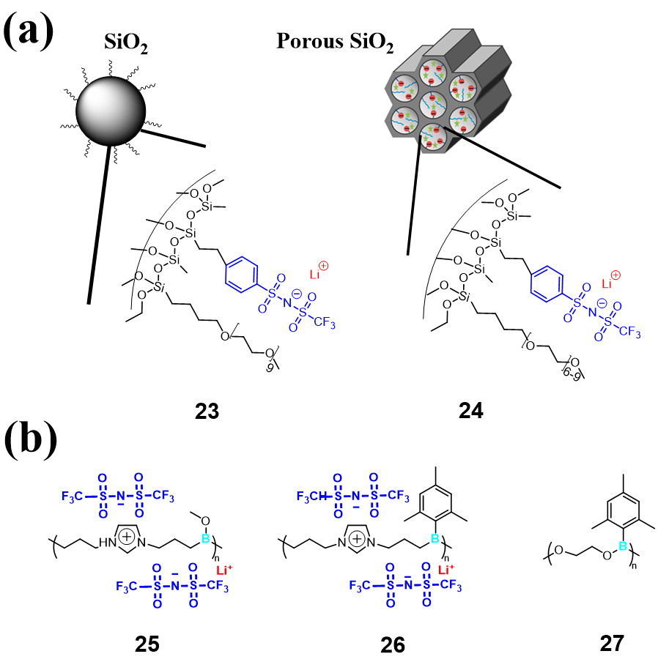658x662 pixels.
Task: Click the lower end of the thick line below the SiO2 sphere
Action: [x=89, y=304]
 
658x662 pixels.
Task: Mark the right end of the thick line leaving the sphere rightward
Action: [x=205, y=146]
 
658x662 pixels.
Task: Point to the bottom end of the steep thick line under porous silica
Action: [x=407, y=255]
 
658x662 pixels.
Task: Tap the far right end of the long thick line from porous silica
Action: [x=561, y=187]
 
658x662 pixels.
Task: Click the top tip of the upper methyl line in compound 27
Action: [x=624, y=475]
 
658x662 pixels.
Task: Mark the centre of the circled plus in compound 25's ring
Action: [x=126, y=537]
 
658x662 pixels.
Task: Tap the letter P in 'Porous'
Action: [x=284, y=41]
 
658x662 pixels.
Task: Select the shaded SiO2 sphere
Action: [x=111, y=111]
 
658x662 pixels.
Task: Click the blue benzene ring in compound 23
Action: [x=242, y=274]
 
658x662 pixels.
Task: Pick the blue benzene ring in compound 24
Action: [x=547, y=283]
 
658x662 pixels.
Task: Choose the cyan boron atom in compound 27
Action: [x=623, y=546]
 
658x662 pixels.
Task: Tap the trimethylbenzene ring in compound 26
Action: [x=435, y=502]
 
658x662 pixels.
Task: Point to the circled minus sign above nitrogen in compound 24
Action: [x=602, y=302]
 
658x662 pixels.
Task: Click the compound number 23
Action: [x=207, y=411]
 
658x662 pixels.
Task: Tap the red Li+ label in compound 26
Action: [x=446, y=570]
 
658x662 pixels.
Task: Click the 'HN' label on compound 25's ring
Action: [x=107, y=543]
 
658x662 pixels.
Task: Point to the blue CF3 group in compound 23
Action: [x=325, y=323]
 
